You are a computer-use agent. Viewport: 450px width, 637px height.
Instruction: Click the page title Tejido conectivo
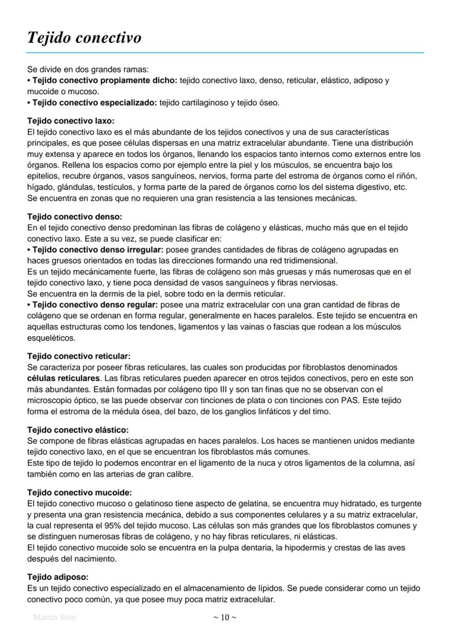point(84,38)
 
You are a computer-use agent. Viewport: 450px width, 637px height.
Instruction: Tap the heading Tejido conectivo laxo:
point(71,121)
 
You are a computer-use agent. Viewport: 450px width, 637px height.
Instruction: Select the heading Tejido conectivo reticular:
point(79,356)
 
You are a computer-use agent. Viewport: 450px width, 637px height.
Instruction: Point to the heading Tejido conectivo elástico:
point(78,430)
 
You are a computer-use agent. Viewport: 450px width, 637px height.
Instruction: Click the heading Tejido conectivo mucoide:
point(79,493)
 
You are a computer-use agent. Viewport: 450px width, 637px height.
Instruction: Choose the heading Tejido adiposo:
point(57,577)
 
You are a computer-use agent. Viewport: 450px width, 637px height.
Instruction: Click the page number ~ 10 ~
point(224,617)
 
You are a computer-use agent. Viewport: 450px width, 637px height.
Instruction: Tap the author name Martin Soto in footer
point(54,617)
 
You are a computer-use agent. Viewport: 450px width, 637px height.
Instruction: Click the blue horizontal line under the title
point(225,53)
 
